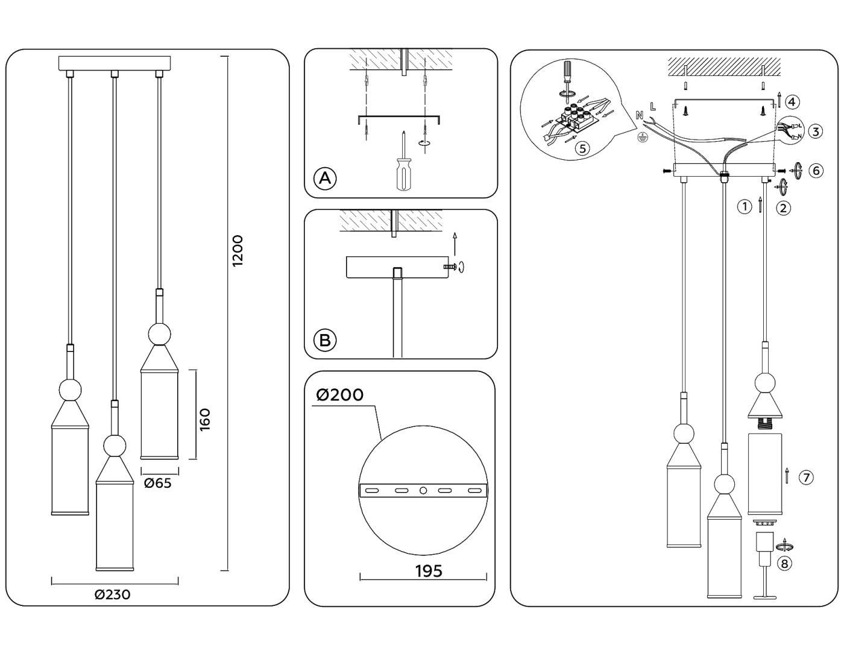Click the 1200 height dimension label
(238, 251)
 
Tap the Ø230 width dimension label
(113, 594)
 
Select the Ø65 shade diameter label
(158, 483)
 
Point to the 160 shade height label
(205, 418)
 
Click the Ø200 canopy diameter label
(340, 395)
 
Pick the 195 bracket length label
(429, 570)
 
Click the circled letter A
(325, 178)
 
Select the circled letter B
(325, 340)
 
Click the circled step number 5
(582, 148)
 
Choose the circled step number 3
(815, 131)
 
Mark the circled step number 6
(816, 171)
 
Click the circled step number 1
(745, 207)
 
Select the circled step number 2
(783, 208)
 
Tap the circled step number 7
(806, 478)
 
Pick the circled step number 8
(784, 563)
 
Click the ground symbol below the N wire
(643, 137)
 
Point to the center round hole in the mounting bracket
(423, 491)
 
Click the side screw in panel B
(450, 266)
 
